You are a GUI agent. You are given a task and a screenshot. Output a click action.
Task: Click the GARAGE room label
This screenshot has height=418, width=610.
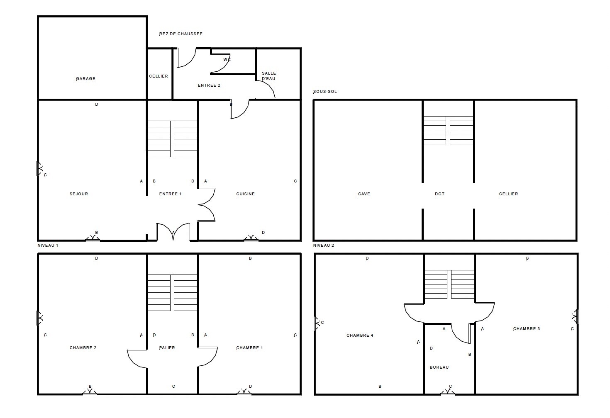pyautogui.click(x=85, y=79)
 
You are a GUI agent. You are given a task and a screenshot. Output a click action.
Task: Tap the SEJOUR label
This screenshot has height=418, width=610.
pyautogui.click(x=79, y=194)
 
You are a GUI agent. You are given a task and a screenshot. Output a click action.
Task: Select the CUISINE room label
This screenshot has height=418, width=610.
pyautogui.click(x=245, y=194)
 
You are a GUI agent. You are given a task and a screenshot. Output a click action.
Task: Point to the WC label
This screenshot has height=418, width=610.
pyautogui.click(x=227, y=60)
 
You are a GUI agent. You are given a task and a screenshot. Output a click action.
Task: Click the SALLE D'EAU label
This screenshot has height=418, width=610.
pyautogui.click(x=269, y=76)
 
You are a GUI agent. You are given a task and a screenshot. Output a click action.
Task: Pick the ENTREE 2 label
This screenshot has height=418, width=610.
pyautogui.click(x=209, y=85)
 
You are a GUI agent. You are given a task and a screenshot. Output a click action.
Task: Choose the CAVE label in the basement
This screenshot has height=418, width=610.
pyautogui.click(x=364, y=194)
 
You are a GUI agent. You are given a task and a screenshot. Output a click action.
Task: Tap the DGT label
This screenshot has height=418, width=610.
pyautogui.click(x=439, y=194)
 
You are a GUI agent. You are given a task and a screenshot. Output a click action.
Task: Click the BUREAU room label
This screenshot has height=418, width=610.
pyautogui.click(x=439, y=367)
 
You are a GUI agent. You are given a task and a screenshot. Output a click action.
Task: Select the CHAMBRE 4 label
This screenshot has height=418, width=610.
pyautogui.click(x=360, y=335)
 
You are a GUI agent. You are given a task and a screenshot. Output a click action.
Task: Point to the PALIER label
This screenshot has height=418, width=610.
pyautogui.click(x=167, y=348)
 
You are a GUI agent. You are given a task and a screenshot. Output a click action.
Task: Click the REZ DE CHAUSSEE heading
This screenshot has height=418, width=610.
pyautogui.click(x=181, y=34)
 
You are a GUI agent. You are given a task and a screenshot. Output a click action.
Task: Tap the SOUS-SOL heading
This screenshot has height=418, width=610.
pyautogui.click(x=325, y=92)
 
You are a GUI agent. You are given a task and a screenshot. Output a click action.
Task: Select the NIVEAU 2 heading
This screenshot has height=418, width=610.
pyautogui.click(x=324, y=245)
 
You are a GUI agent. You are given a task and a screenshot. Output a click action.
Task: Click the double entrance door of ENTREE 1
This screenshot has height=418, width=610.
pyautogui.click(x=173, y=232)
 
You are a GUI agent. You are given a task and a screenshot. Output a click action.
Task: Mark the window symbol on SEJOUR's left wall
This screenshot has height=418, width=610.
pyautogui.click(x=40, y=169)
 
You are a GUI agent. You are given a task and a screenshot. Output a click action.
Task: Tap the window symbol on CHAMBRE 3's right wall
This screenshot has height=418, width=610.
pyautogui.click(x=575, y=316)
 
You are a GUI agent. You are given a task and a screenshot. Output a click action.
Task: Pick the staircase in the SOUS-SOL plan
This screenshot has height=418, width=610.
pyautogui.click(x=448, y=130)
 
